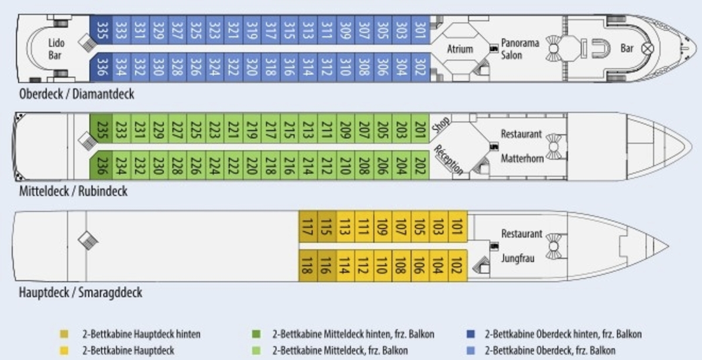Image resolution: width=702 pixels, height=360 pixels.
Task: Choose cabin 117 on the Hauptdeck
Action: [308, 226]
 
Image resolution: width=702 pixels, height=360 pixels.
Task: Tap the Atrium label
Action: [460, 49]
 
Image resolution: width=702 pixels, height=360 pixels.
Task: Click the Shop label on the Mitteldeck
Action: [441, 124]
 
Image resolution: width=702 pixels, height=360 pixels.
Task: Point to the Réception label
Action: [449, 159]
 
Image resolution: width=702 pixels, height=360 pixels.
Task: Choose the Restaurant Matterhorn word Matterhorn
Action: [522, 158]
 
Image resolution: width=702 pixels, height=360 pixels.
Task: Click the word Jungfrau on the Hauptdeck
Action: [518, 258]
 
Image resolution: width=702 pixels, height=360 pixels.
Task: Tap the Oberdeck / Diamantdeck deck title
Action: [77, 94]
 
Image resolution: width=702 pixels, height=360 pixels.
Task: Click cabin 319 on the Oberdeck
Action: [252, 29]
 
